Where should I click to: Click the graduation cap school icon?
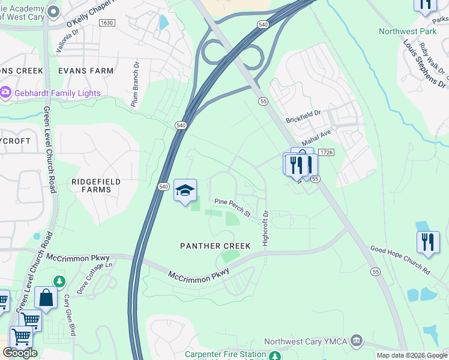[185, 190]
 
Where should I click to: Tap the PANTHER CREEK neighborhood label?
[208, 246]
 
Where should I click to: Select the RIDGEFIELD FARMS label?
[96, 185]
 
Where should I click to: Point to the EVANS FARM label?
[86, 71]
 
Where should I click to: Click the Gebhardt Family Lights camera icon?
[6, 93]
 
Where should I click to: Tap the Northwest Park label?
[406, 31]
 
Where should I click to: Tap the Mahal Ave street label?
[316, 140]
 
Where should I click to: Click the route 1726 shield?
[326, 153]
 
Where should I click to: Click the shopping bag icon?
[46, 297]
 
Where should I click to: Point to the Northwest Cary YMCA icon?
[357, 341]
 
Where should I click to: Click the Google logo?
[20, 353]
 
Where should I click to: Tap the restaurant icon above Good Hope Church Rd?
[427, 242]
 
